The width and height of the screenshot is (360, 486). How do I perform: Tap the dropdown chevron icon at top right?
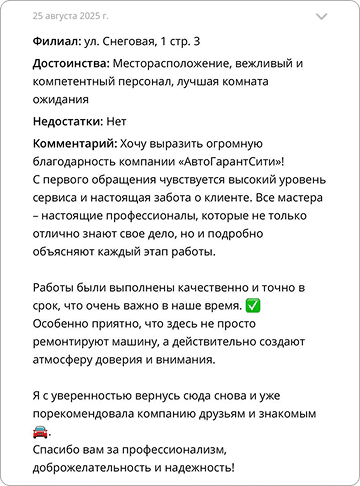tap(321, 17)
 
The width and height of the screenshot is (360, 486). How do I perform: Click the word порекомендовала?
tap(83, 413)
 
